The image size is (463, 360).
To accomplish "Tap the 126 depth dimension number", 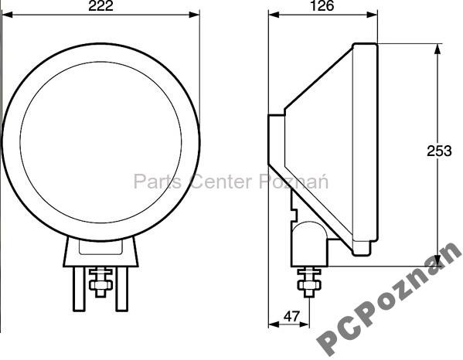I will (x=322, y=7).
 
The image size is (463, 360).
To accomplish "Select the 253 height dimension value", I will (x=438, y=151).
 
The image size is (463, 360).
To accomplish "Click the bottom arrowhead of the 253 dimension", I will (x=437, y=260).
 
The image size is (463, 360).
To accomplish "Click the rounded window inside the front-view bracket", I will (x=100, y=248).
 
